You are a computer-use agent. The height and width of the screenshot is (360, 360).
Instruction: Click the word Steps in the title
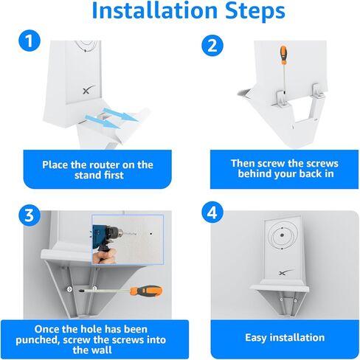(x=248, y=12)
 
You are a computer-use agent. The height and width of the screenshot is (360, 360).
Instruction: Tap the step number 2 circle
(x=212, y=45)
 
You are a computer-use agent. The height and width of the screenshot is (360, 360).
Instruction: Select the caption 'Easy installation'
(x=284, y=337)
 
